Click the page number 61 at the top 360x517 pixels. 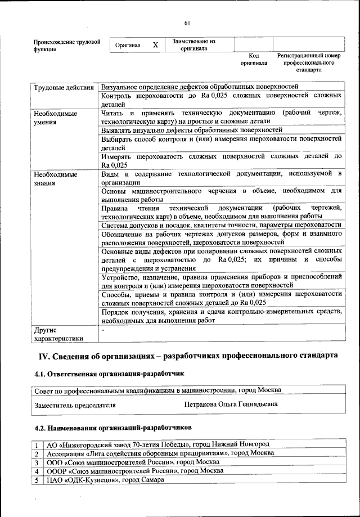(187, 23)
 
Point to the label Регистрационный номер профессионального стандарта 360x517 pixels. (309, 64)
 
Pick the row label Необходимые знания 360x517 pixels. (55, 178)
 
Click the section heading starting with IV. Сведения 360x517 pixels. (188, 356)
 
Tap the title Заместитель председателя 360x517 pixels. (75, 404)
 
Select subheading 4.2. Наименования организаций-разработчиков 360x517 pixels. (113, 428)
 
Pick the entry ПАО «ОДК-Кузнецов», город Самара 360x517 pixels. (105, 480)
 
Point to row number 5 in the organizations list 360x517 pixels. (36, 480)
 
